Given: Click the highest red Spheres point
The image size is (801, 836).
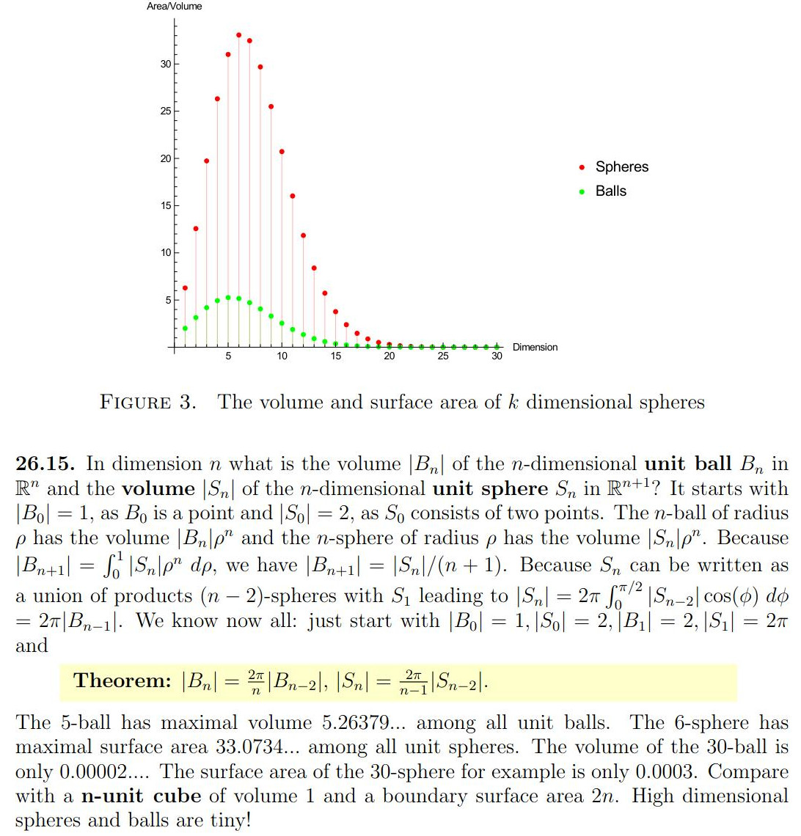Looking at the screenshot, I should point(238,34).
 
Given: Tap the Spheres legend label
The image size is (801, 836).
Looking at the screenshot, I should point(622,167).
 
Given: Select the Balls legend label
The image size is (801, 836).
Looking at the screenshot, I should point(610,191).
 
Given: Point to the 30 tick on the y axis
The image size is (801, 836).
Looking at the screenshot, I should point(166,65).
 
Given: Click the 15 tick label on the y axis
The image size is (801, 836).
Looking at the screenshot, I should point(166,206).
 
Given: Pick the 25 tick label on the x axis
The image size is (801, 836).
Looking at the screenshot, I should point(443,356).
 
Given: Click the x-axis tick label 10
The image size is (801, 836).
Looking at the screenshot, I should point(282,356).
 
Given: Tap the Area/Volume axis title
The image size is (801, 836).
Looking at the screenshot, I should point(175,7).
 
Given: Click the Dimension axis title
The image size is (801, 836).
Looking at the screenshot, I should point(535,348).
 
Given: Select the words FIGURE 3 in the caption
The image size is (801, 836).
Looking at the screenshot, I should point(147,403).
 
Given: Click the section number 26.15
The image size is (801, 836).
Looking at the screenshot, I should point(46,464).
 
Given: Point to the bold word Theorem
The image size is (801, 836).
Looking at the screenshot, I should point(122,681).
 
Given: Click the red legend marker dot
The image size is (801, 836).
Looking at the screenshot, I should point(582,167).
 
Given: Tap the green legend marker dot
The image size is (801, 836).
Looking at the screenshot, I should point(582,191).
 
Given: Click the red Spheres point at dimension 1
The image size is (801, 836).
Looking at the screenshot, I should point(185,287).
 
